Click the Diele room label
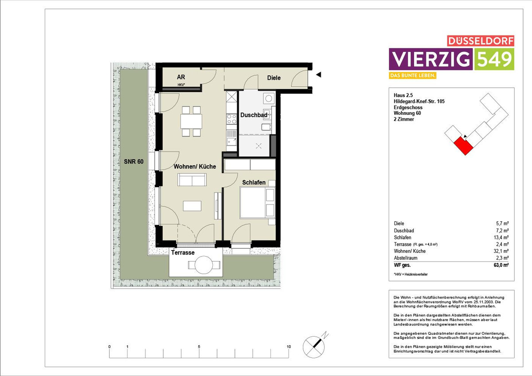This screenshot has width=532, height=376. tap(274, 78)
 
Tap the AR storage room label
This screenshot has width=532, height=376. tap(181, 77)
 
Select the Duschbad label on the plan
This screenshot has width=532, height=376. tap(254, 115)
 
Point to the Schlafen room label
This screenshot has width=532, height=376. tap(254, 182)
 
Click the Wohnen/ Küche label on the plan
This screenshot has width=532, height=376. tap(195, 166)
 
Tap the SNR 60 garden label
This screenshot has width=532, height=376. tap(133, 161)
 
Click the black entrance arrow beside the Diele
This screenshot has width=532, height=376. tap(318, 74)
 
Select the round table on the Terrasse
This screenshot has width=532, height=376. tap(203, 264)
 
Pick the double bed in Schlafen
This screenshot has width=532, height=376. tap(258, 203)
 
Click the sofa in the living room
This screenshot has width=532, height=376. tap(192, 180)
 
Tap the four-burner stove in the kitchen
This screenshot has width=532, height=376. tap(231, 119)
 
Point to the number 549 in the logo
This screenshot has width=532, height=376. tap(494, 59)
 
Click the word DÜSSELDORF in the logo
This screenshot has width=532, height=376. tap(481, 41)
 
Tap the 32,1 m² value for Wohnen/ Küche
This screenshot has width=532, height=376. tap(501, 251)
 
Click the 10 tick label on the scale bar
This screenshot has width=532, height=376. tap(289, 347)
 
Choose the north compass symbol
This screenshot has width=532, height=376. tap(314, 346)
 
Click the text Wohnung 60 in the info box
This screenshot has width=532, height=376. tap(407, 113)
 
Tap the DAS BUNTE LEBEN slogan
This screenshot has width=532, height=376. tap(413, 75)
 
